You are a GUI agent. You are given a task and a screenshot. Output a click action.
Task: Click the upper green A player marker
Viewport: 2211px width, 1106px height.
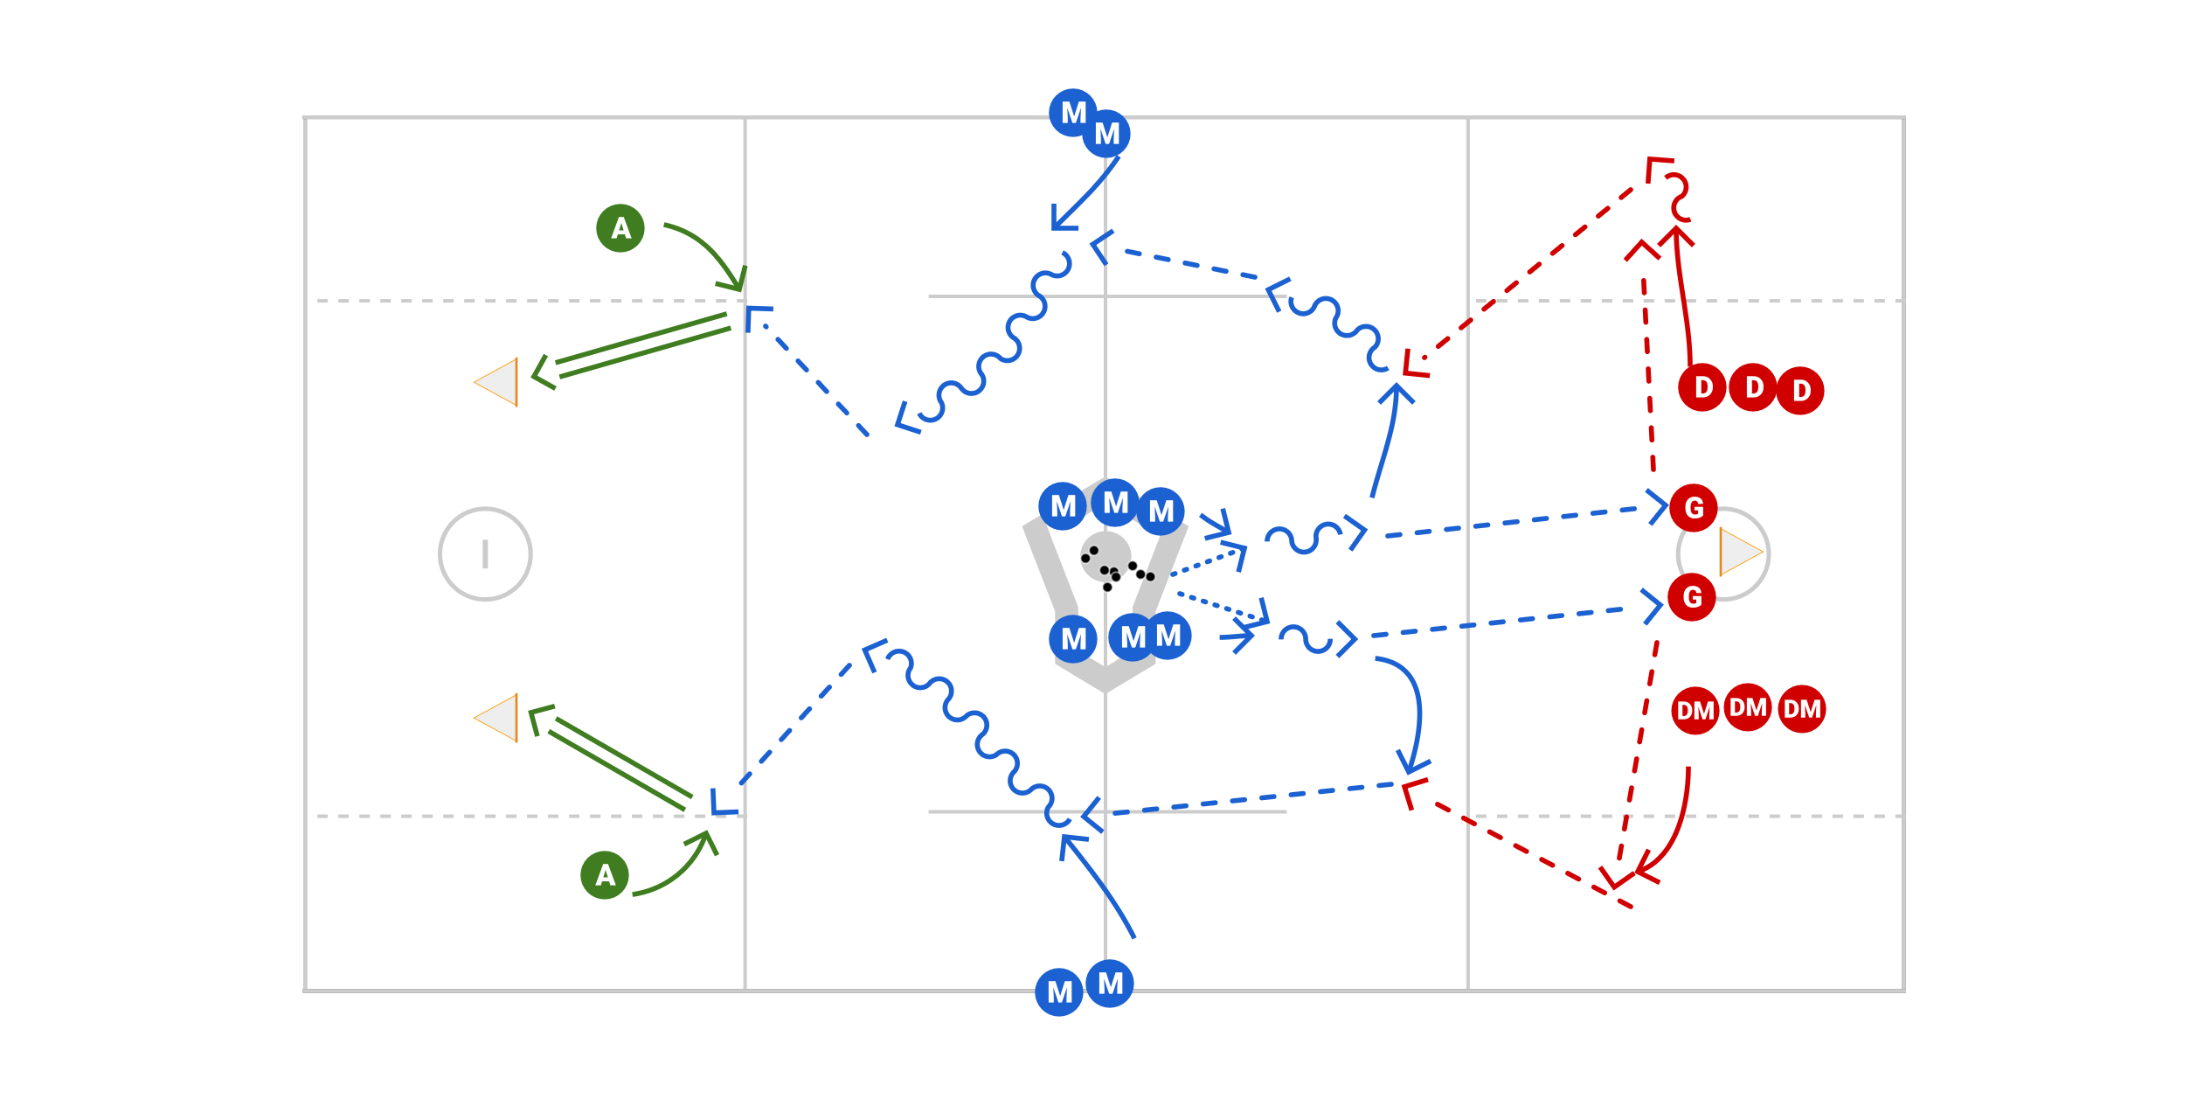pos(620,228)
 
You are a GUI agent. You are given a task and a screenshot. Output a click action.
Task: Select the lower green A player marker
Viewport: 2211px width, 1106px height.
pos(605,874)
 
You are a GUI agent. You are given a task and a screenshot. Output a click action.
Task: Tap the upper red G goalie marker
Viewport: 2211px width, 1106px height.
pos(1693,507)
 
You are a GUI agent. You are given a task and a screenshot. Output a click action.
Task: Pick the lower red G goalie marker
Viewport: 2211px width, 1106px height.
pos(1692,597)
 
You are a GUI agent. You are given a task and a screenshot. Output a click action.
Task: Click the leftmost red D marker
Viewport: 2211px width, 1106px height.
pos(1702,387)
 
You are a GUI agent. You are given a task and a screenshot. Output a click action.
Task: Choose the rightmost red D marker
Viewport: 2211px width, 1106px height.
pos(1800,390)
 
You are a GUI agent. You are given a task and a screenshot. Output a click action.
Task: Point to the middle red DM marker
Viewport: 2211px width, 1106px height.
pos(1748,707)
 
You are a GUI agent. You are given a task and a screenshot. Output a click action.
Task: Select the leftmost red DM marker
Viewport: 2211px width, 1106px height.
pos(1695,710)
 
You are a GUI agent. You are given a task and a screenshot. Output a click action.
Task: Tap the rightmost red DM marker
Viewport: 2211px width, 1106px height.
pos(1802,708)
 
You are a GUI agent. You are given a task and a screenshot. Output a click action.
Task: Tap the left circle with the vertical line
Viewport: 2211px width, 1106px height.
pos(485,553)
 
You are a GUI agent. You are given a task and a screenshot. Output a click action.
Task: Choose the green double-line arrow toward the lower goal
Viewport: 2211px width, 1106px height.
pos(612,757)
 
